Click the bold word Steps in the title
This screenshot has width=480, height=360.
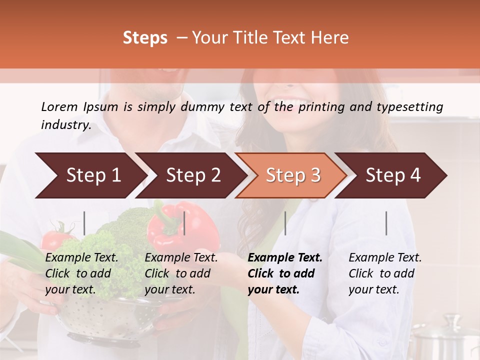pyautogui.click(x=145, y=38)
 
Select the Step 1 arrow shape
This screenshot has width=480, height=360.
pyautogui.click(x=90, y=175)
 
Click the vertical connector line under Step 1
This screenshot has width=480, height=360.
pyautogui.click(x=84, y=223)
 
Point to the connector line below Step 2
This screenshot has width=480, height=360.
pyautogui.click(x=184, y=223)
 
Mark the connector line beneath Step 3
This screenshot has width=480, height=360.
pyautogui.click(x=285, y=223)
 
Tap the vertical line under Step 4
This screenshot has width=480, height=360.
pyautogui.click(x=386, y=223)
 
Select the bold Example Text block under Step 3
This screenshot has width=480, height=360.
pyautogui.click(x=284, y=273)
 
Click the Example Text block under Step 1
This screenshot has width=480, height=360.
pyautogui.click(x=81, y=273)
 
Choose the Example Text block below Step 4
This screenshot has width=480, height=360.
pyautogui.click(x=384, y=273)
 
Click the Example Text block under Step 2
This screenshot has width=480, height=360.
pyautogui.click(x=181, y=273)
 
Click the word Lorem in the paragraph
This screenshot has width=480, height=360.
pyautogui.click(x=59, y=106)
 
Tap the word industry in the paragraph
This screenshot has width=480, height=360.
pyautogui.click(x=65, y=125)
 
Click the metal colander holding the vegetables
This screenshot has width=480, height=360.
pyautogui.click(x=100, y=320)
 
